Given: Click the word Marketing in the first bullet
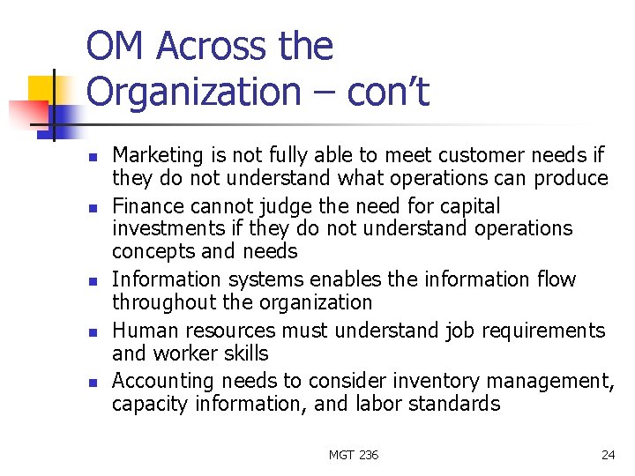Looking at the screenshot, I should [157, 156].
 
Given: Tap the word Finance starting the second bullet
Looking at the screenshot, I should [144, 206].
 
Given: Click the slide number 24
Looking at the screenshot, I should [608, 455].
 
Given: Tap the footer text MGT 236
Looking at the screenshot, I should [353, 455].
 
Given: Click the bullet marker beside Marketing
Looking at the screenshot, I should [92, 157].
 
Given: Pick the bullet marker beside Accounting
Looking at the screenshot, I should [92, 383].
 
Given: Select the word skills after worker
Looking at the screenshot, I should [246, 353].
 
